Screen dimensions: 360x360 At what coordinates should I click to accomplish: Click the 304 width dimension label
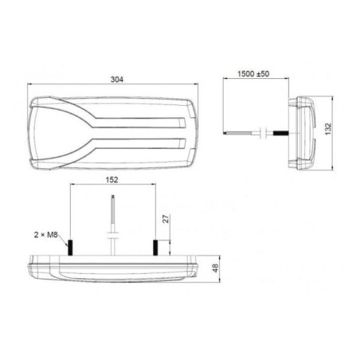[117, 80]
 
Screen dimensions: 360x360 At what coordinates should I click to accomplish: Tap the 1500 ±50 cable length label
[253, 74]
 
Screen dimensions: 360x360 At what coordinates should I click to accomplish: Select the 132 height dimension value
[328, 129]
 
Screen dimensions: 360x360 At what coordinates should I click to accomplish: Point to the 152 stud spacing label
[112, 180]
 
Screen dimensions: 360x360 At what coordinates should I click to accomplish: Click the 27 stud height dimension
[166, 219]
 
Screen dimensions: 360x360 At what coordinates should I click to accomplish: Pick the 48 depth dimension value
[216, 268]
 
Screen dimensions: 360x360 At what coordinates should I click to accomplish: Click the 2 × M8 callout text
[46, 235]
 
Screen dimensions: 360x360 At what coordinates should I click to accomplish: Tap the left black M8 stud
[70, 248]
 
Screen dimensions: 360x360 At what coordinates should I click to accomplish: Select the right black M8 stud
[155, 248]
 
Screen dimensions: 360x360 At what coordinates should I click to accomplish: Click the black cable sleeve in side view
[281, 133]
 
